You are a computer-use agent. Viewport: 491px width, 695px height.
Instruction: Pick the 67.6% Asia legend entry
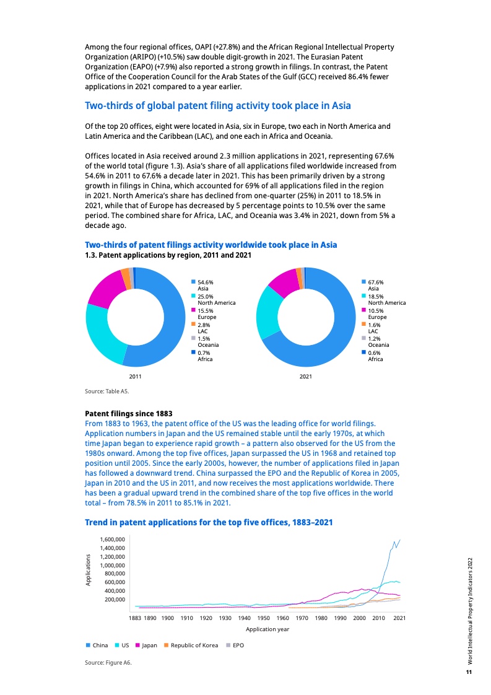pyautogui.click(x=373, y=285)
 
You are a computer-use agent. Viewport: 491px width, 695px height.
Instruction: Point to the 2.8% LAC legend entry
pyautogui.click(x=204, y=328)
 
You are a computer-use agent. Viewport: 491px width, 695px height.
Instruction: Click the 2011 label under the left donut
pyautogui.click(x=135, y=376)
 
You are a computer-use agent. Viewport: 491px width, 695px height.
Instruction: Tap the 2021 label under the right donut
pyautogui.click(x=305, y=376)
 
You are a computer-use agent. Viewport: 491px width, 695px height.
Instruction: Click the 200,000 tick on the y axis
pyautogui.click(x=115, y=600)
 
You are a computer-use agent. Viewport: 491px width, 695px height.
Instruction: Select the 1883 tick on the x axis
pyautogui.click(x=134, y=618)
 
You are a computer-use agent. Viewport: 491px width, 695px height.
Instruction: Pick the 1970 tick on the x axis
pyautogui.click(x=302, y=618)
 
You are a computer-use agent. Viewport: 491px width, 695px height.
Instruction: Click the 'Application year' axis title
pyautogui.click(x=267, y=629)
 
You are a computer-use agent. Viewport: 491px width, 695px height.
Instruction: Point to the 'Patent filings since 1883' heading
pyautogui.click(x=128, y=413)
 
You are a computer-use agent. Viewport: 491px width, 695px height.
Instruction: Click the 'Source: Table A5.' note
pyautogui.click(x=107, y=391)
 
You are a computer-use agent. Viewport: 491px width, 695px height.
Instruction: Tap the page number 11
pyautogui.click(x=469, y=672)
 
